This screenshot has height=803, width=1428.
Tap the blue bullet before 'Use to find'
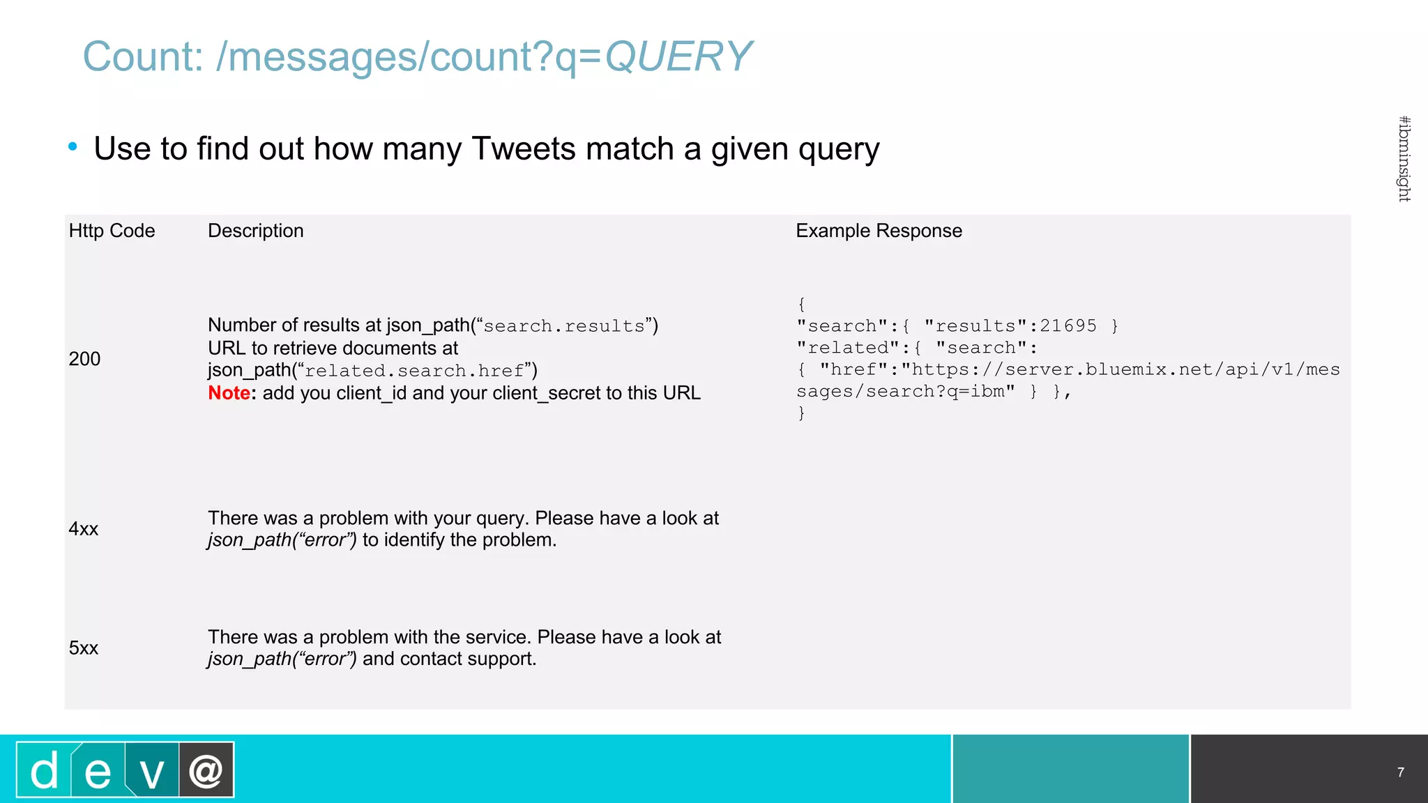pos(73,147)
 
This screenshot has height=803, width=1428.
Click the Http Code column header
pos(112,231)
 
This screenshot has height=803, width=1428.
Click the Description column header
pos(255,231)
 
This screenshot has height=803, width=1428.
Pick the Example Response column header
pos(879,231)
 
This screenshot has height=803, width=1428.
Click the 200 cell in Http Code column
pos(84,359)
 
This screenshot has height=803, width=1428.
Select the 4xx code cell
pos(84,529)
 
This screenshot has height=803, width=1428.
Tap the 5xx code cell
pos(84,648)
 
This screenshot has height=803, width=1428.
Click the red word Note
pos(229,393)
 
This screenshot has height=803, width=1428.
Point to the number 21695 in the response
pos(1068,326)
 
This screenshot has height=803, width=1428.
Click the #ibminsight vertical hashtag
pos(1404,159)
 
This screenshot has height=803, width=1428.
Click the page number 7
pos(1400,772)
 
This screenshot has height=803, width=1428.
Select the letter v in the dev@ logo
pos(151,772)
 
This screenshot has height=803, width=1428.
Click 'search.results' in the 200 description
pos(564,326)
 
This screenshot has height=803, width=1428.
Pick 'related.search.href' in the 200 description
pos(414,371)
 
